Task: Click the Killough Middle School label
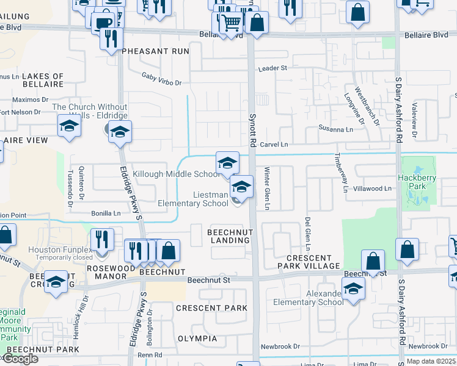pyautogui.click(x=176, y=174)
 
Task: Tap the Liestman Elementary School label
pyautogui.click(x=193, y=199)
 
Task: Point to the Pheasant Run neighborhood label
pyautogui.click(x=155, y=51)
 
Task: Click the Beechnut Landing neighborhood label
pyautogui.click(x=229, y=236)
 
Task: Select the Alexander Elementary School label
pyautogui.click(x=308, y=298)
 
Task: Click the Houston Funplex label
pyautogui.click(x=59, y=250)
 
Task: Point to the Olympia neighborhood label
pyautogui.click(x=197, y=339)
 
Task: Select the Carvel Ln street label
pyautogui.click(x=274, y=145)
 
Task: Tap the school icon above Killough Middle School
pyautogui.click(x=227, y=163)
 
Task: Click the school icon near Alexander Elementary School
pyautogui.click(x=353, y=288)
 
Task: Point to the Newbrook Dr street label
pyautogui.click(x=280, y=346)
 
